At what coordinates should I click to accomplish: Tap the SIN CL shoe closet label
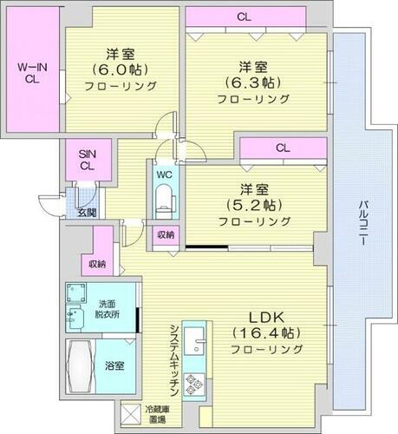(x=88, y=158)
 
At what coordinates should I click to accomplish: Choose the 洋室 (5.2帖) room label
(x=253, y=205)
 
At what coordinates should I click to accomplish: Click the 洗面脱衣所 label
(x=107, y=309)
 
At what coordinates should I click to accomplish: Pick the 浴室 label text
(x=114, y=365)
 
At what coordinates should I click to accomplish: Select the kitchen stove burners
(x=193, y=382)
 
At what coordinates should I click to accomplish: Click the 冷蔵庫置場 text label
(x=158, y=414)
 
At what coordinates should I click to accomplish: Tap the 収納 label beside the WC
(x=166, y=234)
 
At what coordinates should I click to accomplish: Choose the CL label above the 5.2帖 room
(x=283, y=148)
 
